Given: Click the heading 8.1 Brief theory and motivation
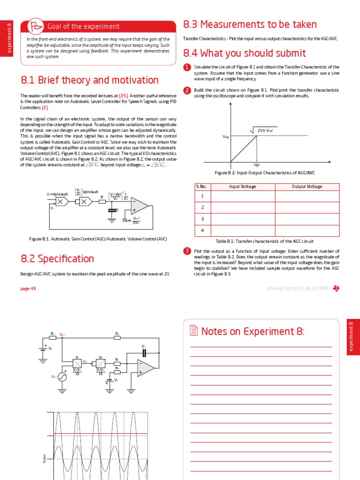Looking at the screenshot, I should click(90, 80).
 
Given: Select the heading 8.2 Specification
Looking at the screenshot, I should click(57, 259).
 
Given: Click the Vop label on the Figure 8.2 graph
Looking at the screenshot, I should click(225, 136).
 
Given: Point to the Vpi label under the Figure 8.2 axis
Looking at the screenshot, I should click(256, 165).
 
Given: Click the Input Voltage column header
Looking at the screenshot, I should click(242, 187).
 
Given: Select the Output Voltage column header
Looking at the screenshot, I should click(307, 187).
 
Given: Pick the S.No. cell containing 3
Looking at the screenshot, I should click(202, 219).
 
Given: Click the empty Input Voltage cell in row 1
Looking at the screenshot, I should click(242, 196).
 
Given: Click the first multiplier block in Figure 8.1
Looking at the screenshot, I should click(62, 202).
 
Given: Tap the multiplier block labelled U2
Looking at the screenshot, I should click(100, 362).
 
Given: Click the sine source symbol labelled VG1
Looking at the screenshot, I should click(62, 376).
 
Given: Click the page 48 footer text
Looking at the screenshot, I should click(28, 289).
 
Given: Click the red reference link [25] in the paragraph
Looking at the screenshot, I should click(124, 95).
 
